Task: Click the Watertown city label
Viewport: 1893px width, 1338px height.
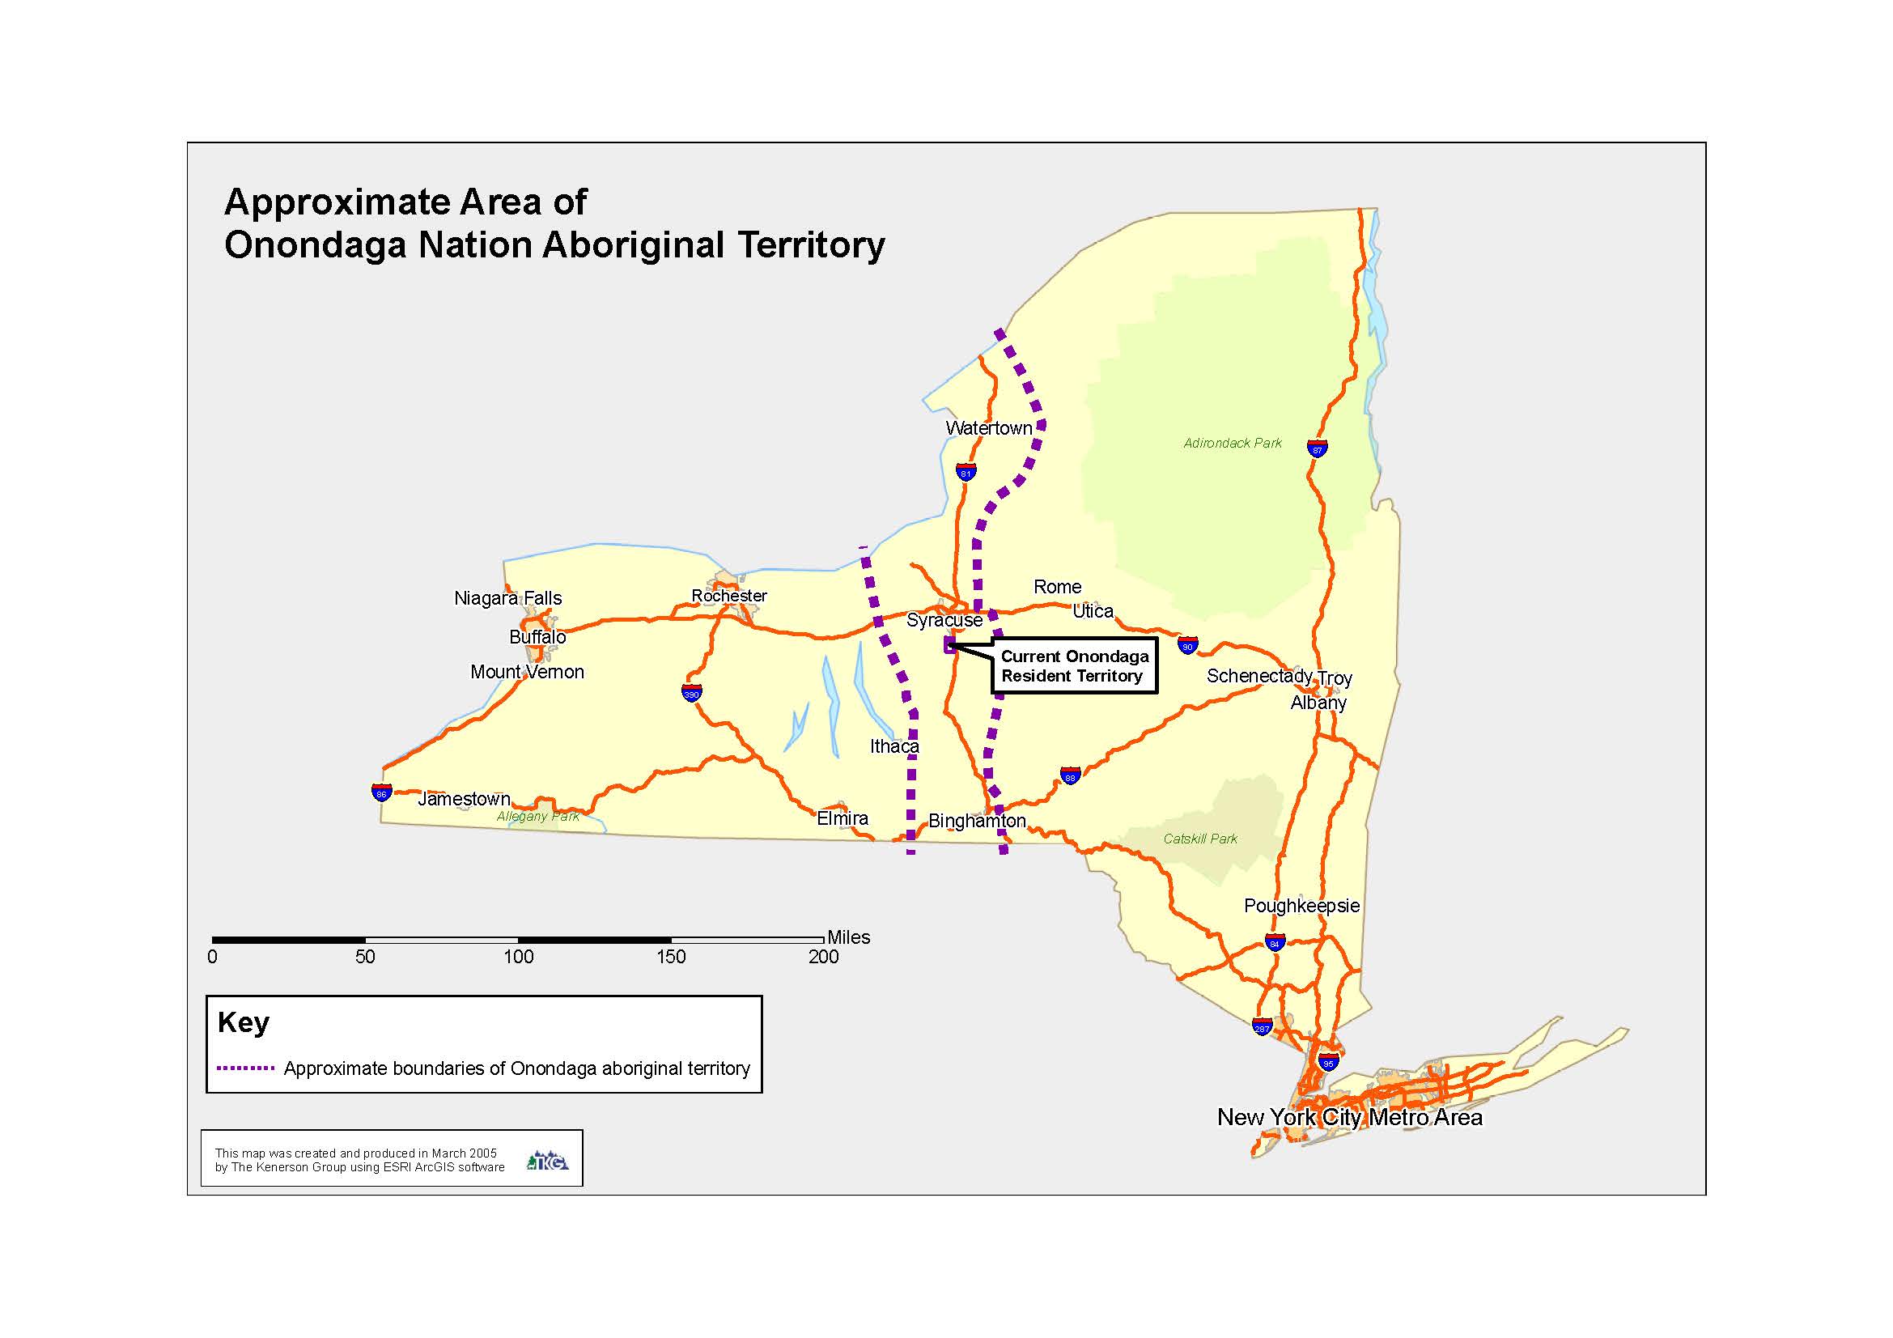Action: pos(988,428)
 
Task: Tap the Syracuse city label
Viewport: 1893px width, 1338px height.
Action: pos(944,620)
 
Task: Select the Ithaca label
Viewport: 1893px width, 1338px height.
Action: pos(893,746)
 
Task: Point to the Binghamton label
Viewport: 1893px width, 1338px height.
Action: pos(977,820)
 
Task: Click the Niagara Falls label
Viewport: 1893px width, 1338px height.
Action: pos(508,597)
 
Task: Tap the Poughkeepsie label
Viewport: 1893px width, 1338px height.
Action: pos(1301,905)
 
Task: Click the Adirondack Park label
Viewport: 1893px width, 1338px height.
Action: pos(1233,444)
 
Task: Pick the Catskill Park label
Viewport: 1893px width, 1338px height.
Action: pos(1199,839)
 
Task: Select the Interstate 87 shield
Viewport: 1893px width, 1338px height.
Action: pos(1317,448)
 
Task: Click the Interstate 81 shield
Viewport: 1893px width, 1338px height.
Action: pos(966,473)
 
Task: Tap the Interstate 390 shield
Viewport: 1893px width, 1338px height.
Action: pos(691,693)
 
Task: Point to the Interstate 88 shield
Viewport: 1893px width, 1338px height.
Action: pos(1069,775)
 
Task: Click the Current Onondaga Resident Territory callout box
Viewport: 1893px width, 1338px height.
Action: pos(1074,666)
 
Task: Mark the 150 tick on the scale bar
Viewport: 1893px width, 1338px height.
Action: pos(671,956)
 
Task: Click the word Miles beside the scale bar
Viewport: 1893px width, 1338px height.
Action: pos(848,937)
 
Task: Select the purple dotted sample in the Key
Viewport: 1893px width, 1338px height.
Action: pos(245,1068)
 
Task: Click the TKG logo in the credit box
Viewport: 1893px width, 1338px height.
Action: pos(548,1161)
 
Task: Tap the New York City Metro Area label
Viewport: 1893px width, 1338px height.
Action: pos(1350,1117)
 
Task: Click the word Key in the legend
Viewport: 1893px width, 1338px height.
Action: pos(244,1022)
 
